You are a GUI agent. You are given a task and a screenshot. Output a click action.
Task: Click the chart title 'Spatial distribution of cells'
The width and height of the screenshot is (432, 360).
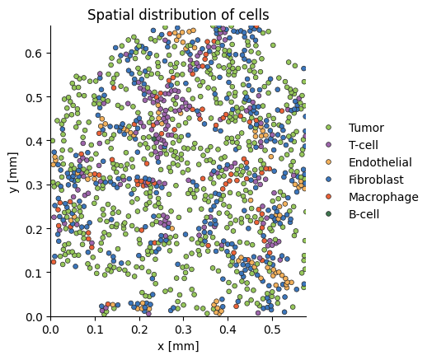178,15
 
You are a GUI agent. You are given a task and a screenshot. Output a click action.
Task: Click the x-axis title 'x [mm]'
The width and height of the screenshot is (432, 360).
178,346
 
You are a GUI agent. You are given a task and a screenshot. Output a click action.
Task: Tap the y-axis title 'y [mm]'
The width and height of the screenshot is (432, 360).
13,172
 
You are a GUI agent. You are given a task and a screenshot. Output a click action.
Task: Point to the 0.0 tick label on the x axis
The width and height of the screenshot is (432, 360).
50,330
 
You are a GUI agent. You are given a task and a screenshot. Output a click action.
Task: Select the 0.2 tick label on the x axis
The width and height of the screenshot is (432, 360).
139,330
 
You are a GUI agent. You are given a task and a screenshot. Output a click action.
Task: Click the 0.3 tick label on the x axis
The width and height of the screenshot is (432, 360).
184,330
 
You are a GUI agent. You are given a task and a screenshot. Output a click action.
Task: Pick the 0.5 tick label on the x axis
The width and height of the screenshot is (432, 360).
272,330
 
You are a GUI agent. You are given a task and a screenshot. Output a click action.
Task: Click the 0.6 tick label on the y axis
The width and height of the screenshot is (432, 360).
34,53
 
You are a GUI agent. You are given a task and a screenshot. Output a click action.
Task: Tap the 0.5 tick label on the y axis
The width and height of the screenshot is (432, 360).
34,97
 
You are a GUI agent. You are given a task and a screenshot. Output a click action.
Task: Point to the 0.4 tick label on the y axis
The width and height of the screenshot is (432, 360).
34,141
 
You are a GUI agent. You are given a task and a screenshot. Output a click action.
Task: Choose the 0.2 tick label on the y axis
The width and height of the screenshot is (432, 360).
34,229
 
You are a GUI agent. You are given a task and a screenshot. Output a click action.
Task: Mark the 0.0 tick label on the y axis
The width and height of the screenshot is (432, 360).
34,317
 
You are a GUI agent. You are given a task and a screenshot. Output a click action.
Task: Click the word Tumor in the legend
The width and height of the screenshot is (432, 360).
366,128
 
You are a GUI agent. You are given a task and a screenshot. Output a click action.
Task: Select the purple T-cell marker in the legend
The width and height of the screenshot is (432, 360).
328,145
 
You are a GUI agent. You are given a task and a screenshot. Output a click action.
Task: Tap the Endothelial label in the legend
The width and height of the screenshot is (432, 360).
380,162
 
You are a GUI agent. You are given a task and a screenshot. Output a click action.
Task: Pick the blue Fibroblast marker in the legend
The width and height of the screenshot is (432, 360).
328,180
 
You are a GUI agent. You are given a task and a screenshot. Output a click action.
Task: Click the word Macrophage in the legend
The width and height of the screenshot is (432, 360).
383,197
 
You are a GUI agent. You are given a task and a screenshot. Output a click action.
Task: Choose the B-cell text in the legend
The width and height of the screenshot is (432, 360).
364,214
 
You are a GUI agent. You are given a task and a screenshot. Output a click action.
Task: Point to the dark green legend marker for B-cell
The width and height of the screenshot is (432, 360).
328,214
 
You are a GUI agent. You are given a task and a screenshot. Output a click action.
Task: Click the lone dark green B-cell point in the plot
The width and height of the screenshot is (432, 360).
154,138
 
